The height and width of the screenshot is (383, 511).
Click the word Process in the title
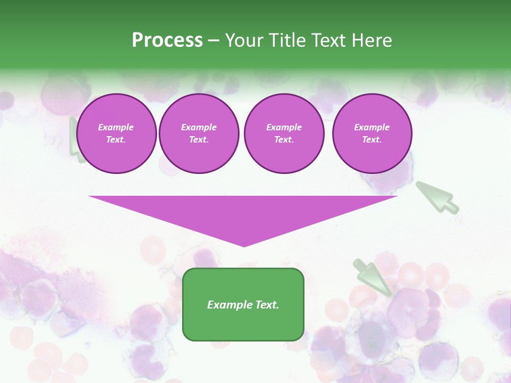tap(167, 40)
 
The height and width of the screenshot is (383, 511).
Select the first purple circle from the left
tap(117, 134)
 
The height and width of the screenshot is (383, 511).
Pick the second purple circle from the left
tap(199, 134)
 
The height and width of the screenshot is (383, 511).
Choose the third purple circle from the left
tap(284, 134)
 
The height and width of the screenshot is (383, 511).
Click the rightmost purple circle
tap(372, 134)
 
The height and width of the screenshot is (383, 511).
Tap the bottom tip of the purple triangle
tap(244, 246)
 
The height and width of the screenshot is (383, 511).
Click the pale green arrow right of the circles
tap(436, 197)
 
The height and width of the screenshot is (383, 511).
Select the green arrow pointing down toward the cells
tap(373, 277)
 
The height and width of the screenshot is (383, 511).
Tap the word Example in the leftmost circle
tap(116, 127)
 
